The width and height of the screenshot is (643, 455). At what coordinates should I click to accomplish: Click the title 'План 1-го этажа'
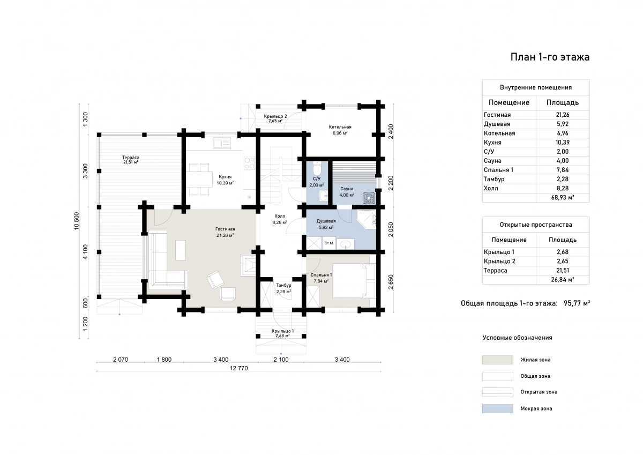click(x=550, y=57)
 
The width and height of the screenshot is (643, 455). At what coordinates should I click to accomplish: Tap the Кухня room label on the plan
click(x=225, y=177)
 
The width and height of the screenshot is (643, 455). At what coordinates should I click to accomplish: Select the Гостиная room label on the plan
click(x=225, y=229)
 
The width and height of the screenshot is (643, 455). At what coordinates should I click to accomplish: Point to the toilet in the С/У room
click(x=317, y=168)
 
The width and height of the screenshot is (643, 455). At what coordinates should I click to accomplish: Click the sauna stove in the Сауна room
click(x=369, y=198)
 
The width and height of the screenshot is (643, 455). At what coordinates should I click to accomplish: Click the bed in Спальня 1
click(x=354, y=281)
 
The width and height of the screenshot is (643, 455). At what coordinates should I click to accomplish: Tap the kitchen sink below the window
click(x=222, y=143)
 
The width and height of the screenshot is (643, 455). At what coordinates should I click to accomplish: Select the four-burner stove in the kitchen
click(x=249, y=163)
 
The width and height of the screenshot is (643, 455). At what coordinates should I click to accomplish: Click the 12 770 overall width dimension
click(x=239, y=368)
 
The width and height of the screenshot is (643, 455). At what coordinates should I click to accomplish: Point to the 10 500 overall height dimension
click(x=77, y=221)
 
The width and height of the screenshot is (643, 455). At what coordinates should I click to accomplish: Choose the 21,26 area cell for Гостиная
click(x=562, y=115)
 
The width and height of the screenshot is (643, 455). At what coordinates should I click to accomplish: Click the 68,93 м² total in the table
click(x=562, y=198)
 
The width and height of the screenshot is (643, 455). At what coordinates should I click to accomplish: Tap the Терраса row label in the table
click(x=496, y=271)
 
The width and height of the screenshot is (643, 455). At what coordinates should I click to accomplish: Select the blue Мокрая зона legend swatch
click(x=497, y=408)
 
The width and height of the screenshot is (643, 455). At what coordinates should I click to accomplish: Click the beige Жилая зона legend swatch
click(x=497, y=360)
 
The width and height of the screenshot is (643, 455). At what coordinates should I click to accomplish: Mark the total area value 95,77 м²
click(x=577, y=303)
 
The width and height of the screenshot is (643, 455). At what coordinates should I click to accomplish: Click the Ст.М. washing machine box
click(x=329, y=243)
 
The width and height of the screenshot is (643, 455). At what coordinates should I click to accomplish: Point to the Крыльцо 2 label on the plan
click(x=275, y=116)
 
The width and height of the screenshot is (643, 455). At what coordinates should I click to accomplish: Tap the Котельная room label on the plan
click(x=340, y=127)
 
